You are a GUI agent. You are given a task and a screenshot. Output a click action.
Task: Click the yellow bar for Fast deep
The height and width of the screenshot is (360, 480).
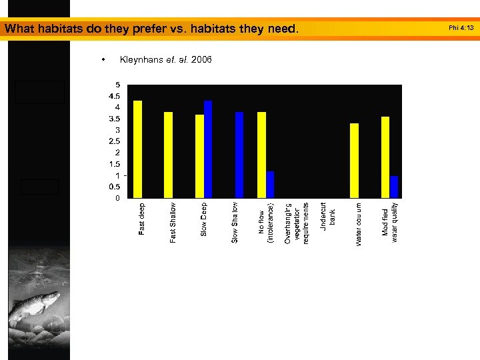(138, 149)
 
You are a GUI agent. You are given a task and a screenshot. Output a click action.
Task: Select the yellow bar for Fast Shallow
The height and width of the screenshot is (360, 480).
(169, 155)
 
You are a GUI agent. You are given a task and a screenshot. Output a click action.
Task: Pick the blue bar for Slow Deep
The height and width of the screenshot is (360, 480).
(208, 149)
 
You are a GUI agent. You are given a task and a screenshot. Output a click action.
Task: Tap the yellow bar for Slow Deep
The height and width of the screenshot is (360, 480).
(199, 156)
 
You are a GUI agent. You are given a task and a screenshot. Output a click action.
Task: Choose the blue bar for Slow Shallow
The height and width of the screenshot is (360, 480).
(239, 155)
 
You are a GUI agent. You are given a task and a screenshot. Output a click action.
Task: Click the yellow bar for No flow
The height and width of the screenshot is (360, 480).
(261, 155)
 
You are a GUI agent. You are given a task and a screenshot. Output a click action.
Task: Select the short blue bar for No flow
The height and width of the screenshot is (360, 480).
(270, 185)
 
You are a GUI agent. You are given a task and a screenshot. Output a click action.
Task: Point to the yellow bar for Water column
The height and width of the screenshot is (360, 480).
(354, 161)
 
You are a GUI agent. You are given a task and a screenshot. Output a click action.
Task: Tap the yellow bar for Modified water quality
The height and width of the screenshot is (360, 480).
(385, 157)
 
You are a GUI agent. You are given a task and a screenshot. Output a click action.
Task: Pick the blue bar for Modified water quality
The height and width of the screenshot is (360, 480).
(394, 187)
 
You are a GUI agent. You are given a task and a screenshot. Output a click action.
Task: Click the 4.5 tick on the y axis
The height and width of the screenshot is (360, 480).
(115, 96)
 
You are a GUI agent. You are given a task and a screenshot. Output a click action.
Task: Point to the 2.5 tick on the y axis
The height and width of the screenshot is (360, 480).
(115, 141)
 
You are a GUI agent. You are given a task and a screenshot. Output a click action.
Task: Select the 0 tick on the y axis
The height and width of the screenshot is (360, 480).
(118, 198)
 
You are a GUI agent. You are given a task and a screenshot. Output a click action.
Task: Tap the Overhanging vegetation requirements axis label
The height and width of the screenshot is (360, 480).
(297, 223)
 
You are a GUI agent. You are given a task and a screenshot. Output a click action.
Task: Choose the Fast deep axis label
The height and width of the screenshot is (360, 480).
(142, 219)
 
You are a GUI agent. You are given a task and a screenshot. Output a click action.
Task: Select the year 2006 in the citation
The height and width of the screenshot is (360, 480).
(201, 60)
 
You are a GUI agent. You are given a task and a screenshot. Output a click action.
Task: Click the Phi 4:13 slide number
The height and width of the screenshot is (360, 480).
(461, 28)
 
